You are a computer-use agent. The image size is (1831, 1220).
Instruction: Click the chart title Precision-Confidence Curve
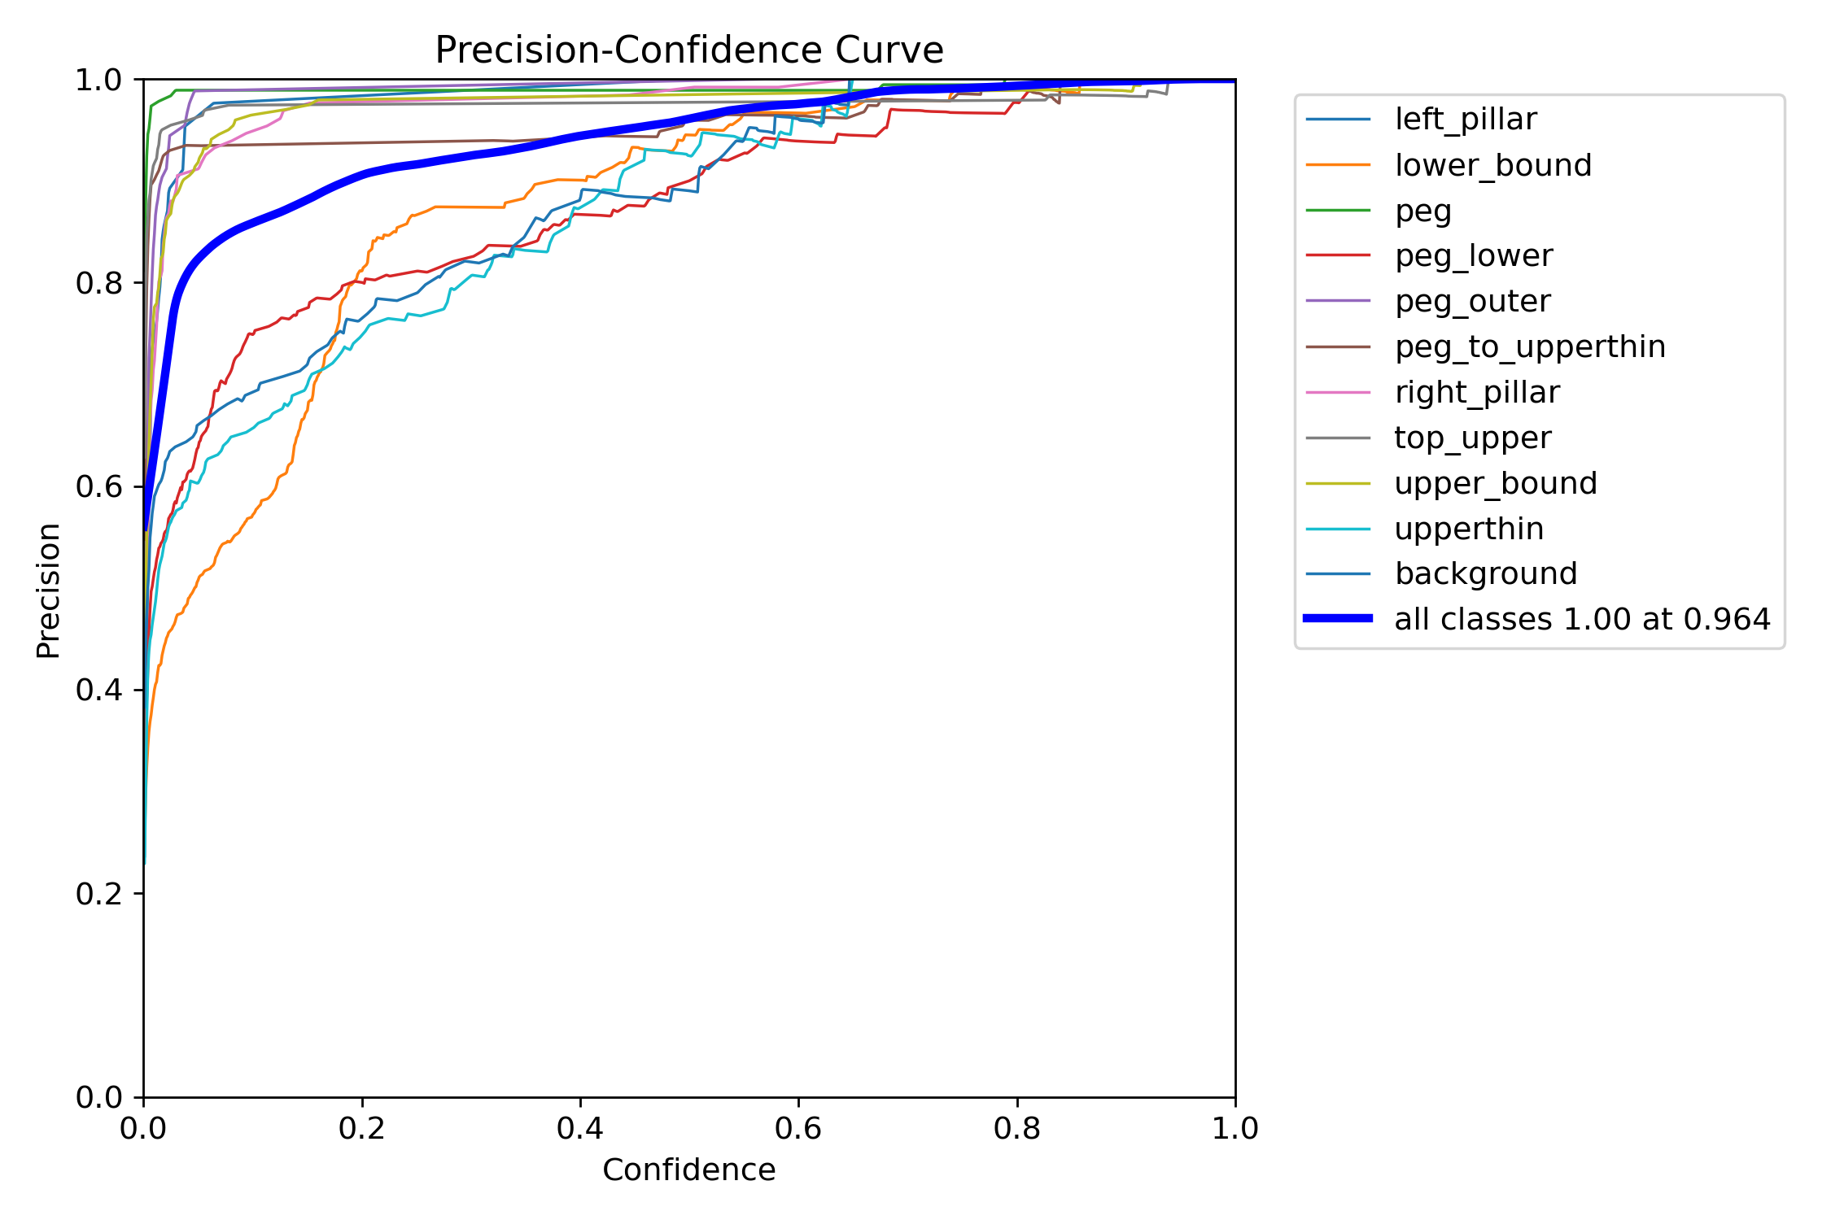688,50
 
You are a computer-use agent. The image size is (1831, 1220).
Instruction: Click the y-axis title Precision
49,590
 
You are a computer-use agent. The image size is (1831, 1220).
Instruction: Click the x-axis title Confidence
688,1170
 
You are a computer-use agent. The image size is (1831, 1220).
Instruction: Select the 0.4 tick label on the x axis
579,1129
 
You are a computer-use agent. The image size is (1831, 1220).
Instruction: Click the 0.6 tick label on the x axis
798,1129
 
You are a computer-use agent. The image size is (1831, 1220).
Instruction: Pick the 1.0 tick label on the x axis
1235,1129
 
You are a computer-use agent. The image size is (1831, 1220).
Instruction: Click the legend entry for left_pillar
1465,120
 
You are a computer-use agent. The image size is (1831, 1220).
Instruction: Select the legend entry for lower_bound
1492,165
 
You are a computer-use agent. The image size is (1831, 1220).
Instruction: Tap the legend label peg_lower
1473,256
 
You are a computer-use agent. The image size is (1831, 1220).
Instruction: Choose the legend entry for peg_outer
1472,302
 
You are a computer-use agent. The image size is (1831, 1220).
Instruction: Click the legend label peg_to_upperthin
1530,347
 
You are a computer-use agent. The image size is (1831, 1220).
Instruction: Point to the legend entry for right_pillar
1476,393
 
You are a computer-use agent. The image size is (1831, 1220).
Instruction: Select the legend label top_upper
1472,438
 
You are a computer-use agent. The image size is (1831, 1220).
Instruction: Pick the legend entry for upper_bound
1495,484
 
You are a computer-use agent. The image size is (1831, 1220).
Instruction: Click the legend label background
1485,574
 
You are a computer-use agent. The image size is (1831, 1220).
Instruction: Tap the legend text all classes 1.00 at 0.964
1581,620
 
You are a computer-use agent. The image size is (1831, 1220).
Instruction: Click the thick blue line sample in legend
1338,619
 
